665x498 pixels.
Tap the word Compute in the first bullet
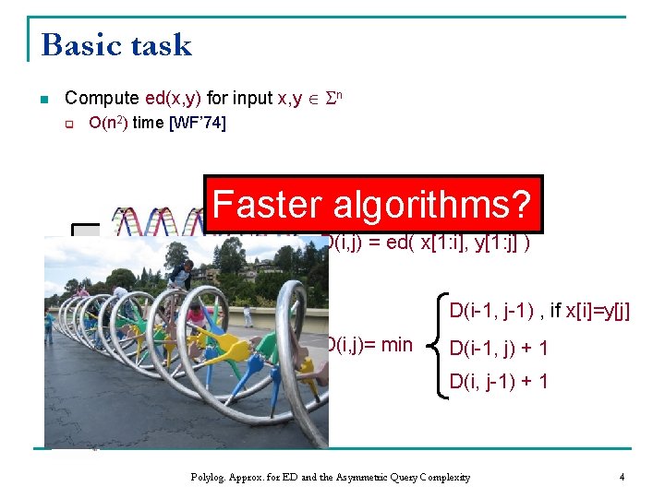[103, 98]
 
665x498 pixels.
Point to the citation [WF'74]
[197, 123]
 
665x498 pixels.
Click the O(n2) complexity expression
[108, 123]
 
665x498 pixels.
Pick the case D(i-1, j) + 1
[499, 348]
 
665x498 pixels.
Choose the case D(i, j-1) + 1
[499, 380]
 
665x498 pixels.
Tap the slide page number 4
[623, 477]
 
